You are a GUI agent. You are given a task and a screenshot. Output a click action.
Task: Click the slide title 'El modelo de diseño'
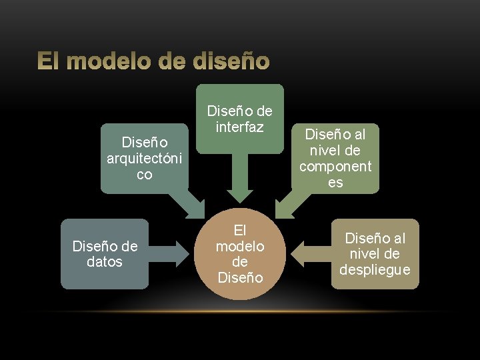tap(153, 62)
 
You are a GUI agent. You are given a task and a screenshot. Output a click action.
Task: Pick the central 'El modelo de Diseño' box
tap(240, 254)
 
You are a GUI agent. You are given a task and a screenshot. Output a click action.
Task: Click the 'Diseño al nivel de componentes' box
tap(335, 158)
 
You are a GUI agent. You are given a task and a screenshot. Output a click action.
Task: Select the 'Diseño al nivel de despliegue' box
tap(375, 254)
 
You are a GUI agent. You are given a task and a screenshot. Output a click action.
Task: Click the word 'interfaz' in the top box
tap(240, 127)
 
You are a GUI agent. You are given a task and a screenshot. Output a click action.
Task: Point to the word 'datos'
tap(105, 262)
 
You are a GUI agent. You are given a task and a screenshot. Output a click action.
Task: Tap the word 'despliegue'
tap(375, 269)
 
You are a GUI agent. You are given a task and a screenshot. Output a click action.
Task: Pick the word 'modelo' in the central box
tap(240, 246)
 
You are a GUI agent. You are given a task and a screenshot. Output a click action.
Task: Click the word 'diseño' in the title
tap(232, 62)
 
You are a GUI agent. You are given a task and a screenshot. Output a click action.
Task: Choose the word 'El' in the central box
tap(240, 231)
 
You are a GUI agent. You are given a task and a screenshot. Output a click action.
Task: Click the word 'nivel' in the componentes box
tap(336, 150)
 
